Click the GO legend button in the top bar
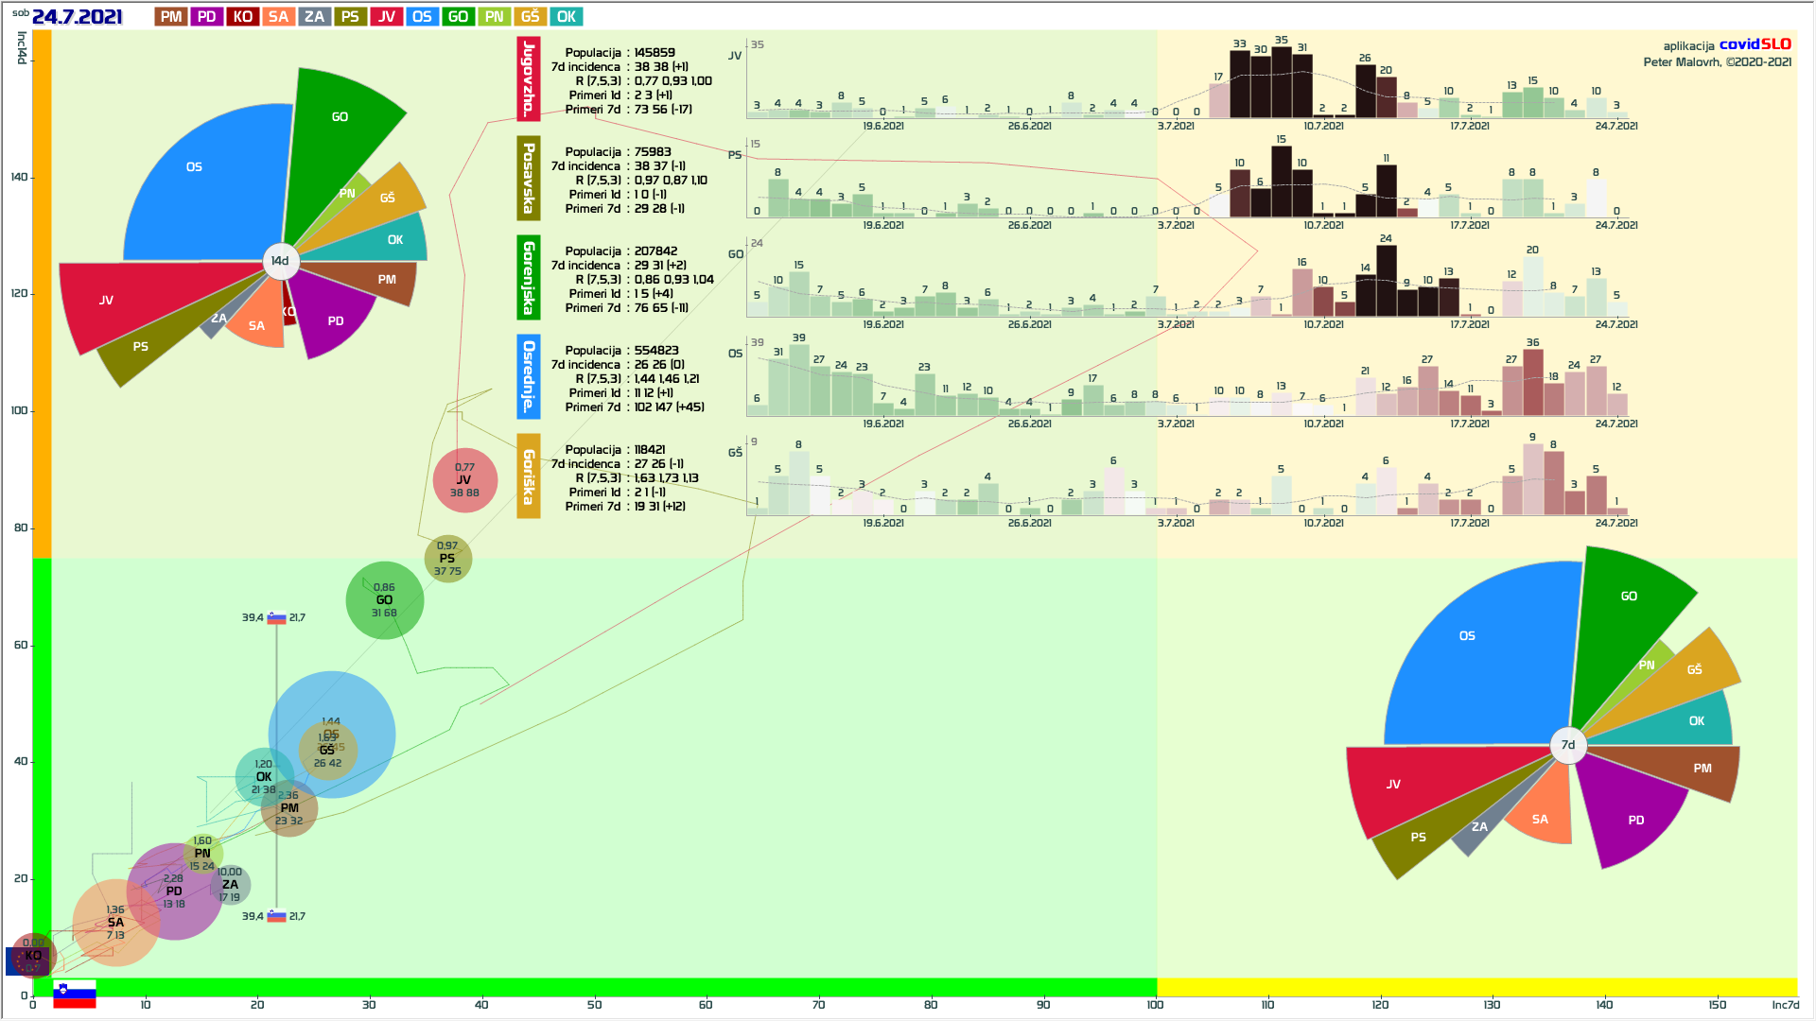[458, 17]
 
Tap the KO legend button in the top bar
[243, 17]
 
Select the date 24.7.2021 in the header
[77, 17]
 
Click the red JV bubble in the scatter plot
[464, 480]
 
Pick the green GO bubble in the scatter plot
[384, 600]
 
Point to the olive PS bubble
[447, 559]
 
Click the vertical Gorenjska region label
[529, 278]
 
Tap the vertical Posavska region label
[529, 178]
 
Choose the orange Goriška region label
[529, 476]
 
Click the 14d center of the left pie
[280, 261]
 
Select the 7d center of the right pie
[1568, 745]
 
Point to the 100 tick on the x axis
[1155, 1005]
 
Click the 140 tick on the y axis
[19, 177]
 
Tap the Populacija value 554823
[656, 351]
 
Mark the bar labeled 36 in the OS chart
[1533, 383]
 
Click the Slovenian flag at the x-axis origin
[74, 995]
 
